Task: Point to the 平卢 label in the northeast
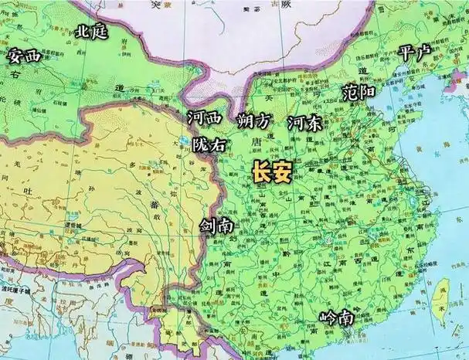[x=415, y=53]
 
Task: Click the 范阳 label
[x=359, y=93]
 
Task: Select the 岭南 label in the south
[x=336, y=318]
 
